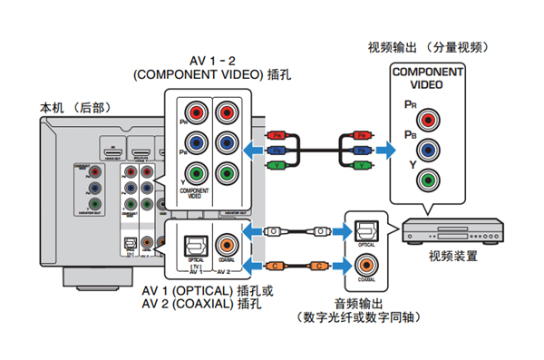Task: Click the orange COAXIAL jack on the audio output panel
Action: pos(367,265)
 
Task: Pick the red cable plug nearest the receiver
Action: pos(277,135)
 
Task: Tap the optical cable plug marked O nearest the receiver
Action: pos(277,231)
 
